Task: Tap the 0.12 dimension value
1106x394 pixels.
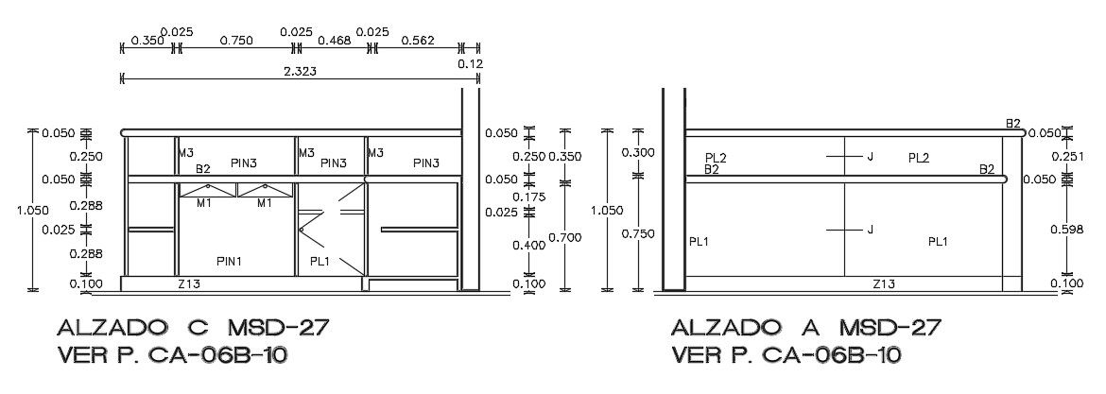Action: tap(470, 64)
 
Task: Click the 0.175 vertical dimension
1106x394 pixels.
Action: tap(528, 197)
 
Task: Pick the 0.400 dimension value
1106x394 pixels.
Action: tap(528, 246)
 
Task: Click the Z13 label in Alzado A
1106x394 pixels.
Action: tap(885, 283)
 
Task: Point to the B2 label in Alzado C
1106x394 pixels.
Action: tap(203, 169)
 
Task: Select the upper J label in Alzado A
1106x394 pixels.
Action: tap(870, 157)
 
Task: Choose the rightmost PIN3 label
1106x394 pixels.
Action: tap(426, 163)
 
